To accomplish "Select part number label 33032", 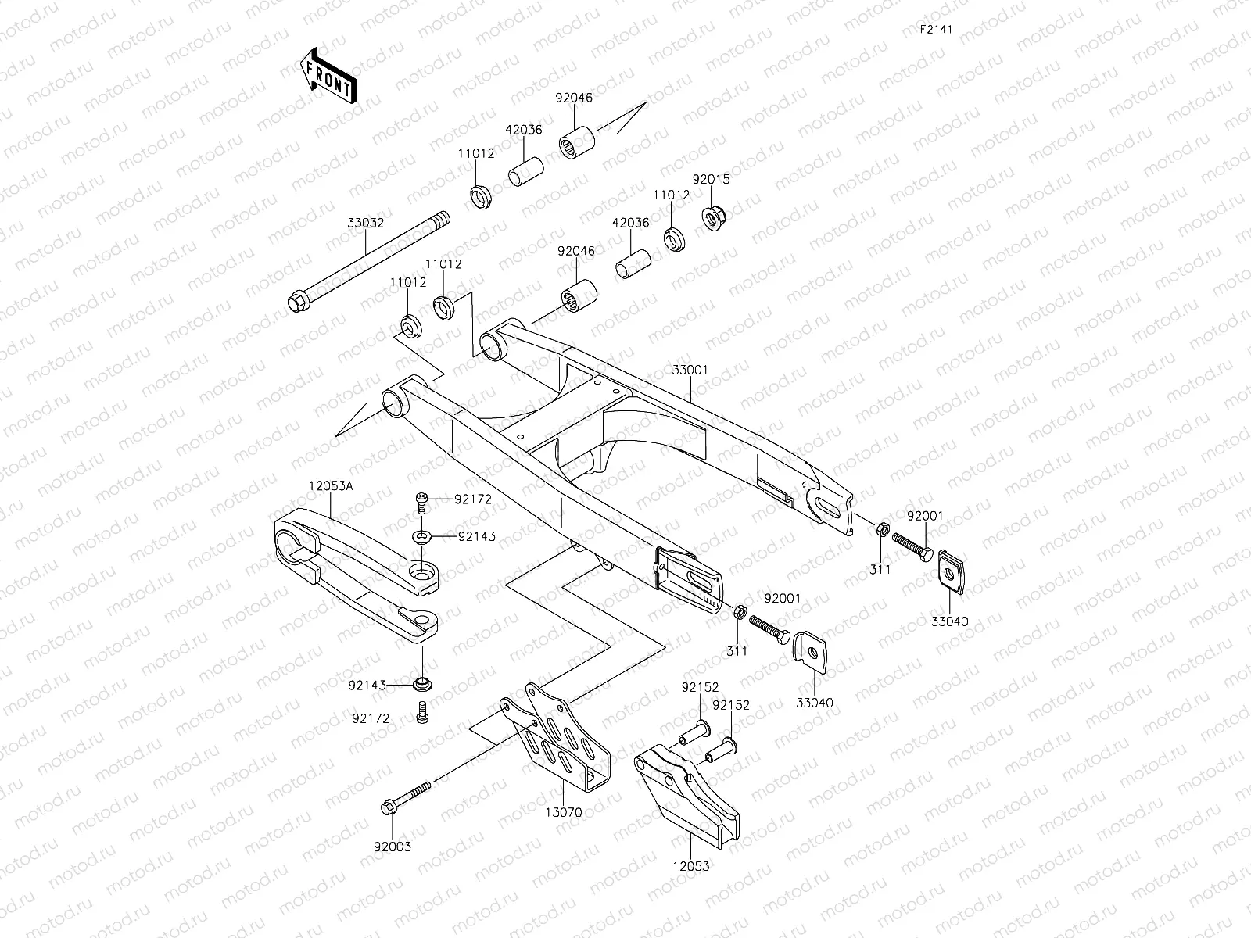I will (x=366, y=223).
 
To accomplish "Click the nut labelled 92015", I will (x=712, y=217).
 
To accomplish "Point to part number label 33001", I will (x=689, y=369).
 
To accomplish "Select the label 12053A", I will (x=329, y=485).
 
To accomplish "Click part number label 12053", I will (x=690, y=866).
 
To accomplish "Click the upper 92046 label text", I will (x=574, y=98).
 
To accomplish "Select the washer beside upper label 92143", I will (x=422, y=536).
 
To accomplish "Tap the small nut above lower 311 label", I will (x=738, y=610).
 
